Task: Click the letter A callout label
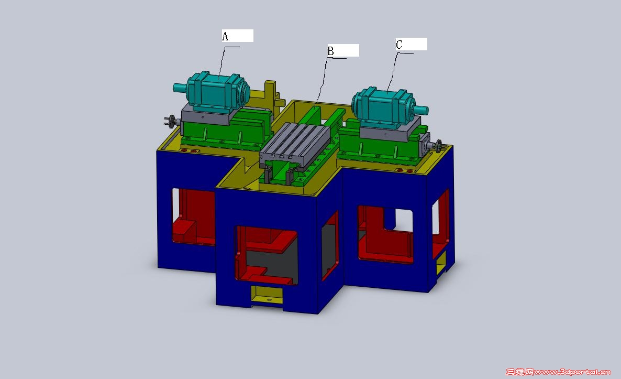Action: tap(225, 37)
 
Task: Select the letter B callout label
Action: tap(330, 51)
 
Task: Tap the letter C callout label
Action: tap(399, 45)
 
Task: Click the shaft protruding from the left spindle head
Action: tap(180, 87)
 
